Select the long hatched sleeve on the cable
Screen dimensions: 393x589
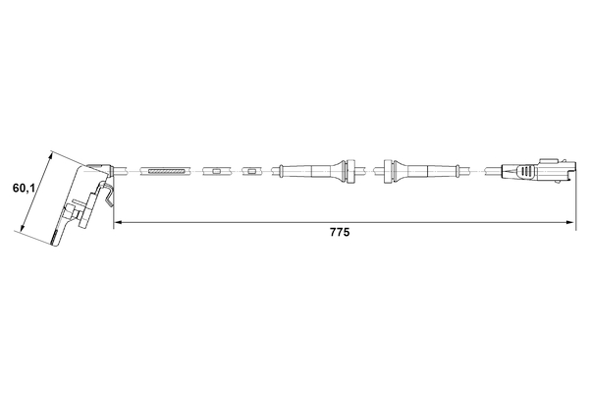point(165,172)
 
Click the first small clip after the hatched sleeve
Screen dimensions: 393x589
point(211,172)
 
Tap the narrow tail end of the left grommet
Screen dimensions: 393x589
point(283,172)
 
